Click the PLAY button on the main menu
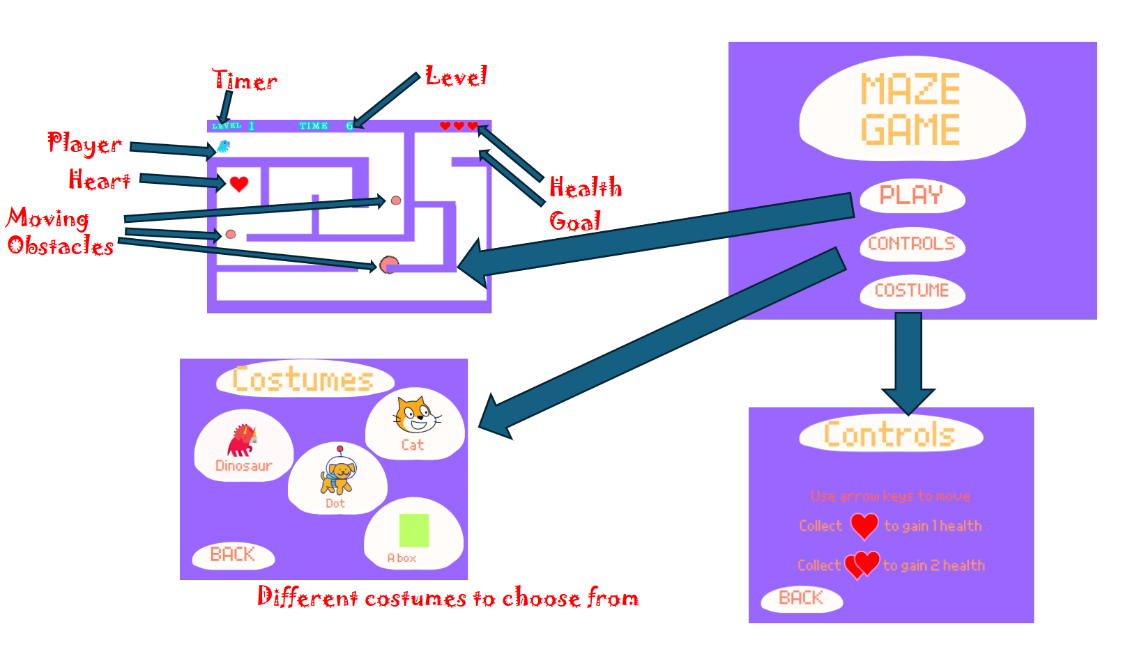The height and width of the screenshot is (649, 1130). [x=911, y=196]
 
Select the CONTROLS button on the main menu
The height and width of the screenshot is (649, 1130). [x=911, y=244]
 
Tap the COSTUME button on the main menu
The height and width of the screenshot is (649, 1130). [x=911, y=290]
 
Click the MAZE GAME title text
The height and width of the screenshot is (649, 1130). [x=910, y=109]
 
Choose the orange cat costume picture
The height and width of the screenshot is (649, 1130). [x=415, y=415]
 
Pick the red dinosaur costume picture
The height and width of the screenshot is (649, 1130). [x=242, y=440]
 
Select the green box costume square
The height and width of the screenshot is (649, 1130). [x=414, y=531]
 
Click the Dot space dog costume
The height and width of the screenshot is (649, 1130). [x=338, y=473]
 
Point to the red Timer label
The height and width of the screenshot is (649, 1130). [x=245, y=80]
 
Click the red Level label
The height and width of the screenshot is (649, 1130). [x=456, y=76]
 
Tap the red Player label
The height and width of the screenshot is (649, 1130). [x=84, y=143]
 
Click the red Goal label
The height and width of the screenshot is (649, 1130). [x=574, y=221]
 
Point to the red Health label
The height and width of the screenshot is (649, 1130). [x=585, y=187]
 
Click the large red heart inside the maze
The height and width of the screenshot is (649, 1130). [x=239, y=184]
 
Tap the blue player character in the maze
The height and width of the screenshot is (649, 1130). [x=224, y=146]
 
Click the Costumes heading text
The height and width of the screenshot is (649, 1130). [x=303, y=380]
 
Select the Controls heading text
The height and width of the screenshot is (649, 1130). [x=889, y=435]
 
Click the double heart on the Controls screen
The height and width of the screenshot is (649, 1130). [x=862, y=564]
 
